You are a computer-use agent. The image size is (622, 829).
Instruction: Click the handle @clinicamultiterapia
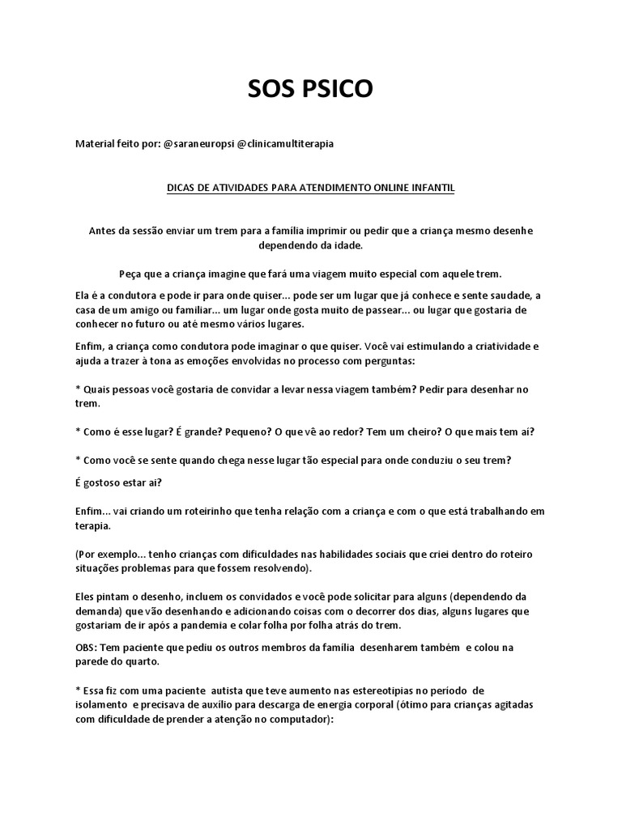(284, 143)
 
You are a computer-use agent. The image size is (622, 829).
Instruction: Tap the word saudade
(513, 295)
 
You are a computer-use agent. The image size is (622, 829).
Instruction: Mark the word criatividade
(496, 346)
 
